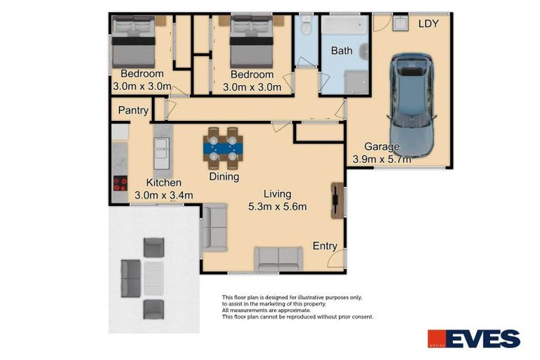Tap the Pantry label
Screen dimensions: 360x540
pyautogui.click(x=133, y=110)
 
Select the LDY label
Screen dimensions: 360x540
pyautogui.click(x=429, y=23)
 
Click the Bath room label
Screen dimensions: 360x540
pyautogui.click(x=342, y=51)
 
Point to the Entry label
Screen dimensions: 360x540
pyautogui.click(x=325, y=246)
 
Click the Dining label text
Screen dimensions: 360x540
pyautogui.click(x=224, y=177)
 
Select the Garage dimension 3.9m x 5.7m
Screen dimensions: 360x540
pyautogui.click(x=382, y=160)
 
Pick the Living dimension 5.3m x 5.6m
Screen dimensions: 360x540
pyautogui.click(x=278, y=206)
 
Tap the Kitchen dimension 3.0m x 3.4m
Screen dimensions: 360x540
pyautogui.click(x=164, y=195)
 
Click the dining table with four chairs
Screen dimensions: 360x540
pyautogui.click(x=223, y=148)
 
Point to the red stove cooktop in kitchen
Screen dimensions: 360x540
pyautogui.click(x=120, y=184)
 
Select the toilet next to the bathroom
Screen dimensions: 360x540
pyautogui.click(x=306, y=27)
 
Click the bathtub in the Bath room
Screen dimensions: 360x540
pyautogui.click(x=345, y=26)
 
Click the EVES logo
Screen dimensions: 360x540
pyautogui.click(x=474, y=339)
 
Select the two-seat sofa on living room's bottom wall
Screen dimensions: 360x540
pyautogui.click(x=278, y=259)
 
